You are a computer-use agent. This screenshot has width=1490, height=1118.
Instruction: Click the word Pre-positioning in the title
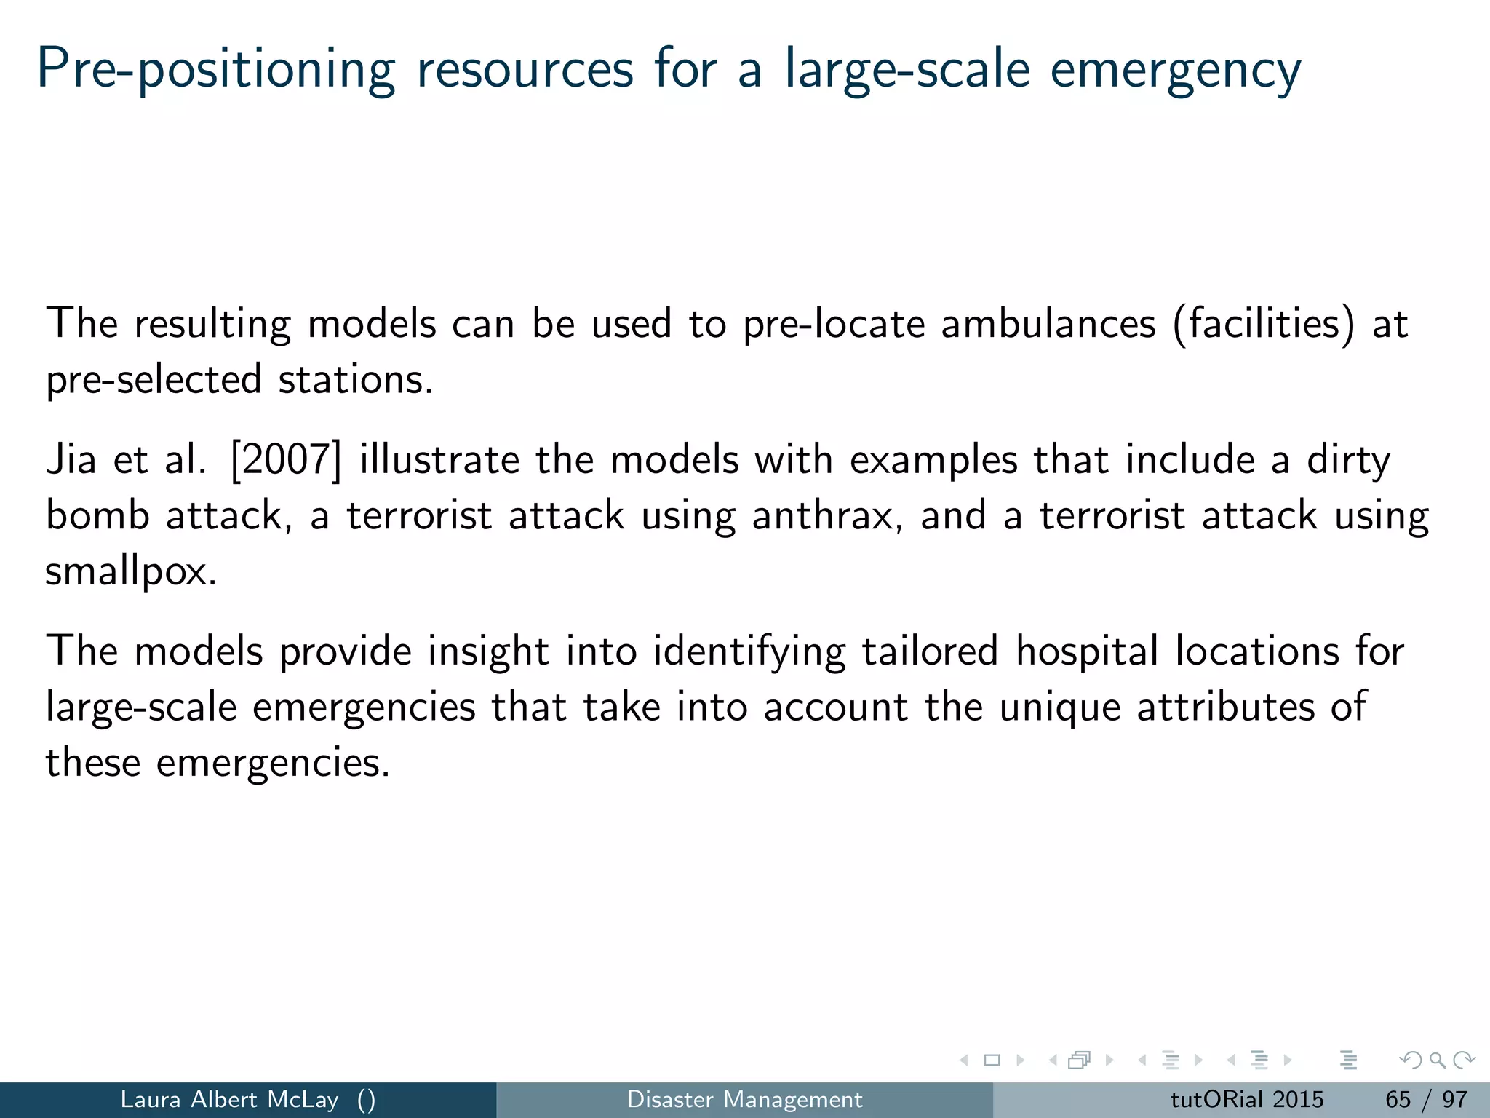(215, 71)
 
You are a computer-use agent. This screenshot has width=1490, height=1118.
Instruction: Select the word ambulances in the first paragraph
(1048, 324)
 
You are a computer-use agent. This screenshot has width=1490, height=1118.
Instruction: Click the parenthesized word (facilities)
(1264, 324)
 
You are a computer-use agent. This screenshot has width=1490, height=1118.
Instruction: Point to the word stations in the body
(355, 380)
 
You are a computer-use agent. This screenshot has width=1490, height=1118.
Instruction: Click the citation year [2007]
(285, 460)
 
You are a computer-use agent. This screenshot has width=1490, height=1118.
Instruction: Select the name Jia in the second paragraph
(71, 460)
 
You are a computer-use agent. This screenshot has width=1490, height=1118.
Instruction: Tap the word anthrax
(826, 516)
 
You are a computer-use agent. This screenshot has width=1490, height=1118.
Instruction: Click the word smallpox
(130, 572)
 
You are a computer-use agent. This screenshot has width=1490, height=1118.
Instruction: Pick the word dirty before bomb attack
(1348, 460)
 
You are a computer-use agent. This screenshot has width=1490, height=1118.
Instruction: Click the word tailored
(930, 651)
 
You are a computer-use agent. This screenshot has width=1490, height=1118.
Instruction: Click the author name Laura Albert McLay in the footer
(229, 1099)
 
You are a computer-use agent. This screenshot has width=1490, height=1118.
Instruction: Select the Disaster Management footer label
(744, 1099)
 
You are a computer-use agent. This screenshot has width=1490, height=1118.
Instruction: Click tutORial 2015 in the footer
(1246, 1099)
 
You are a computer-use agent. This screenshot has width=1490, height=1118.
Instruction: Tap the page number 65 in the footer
(1398, 1099)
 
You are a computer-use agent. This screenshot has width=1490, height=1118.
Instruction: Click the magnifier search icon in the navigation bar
(1437, 1060)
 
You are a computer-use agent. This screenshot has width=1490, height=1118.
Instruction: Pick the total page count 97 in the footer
(1454, 1099)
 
